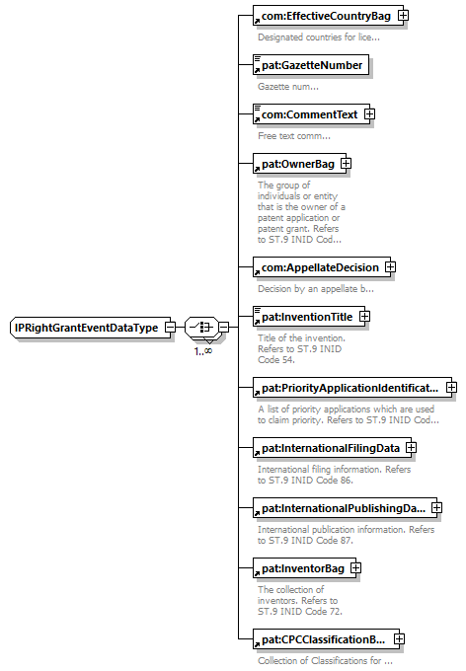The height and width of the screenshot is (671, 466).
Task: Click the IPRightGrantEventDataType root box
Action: [x=90, y=328]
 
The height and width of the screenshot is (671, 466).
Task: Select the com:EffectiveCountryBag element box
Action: [x=328, y=16]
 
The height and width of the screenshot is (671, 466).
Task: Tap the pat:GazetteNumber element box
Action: [x=311, y=65]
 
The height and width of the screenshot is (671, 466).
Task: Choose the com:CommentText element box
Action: [x=311, y=114]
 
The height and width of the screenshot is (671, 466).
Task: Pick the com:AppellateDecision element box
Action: [x=322, y=267]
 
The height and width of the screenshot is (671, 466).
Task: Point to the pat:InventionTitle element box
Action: [x=309, y=317]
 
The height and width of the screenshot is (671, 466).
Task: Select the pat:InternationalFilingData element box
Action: [x=332, y=448]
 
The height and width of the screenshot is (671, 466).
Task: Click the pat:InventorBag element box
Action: [x=304, y=568]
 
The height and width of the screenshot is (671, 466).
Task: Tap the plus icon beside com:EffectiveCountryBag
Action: [x=403, y=16]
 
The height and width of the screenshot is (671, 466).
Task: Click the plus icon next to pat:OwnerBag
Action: [x=347, y=164]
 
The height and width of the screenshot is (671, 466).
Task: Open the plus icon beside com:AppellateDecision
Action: [x=390, y=267]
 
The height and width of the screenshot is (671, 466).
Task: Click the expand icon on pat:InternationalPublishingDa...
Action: [x=436, y=507]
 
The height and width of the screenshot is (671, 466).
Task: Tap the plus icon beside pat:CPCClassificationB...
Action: [x=399, y=638]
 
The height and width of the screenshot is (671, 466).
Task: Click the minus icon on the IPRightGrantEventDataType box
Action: [x=171, y=328]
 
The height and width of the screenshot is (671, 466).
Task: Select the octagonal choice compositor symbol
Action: [x=202, y=328]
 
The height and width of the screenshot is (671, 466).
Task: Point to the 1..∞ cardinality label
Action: [x=203, y=351]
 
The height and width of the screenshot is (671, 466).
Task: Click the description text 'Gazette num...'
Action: [x=288, y=87]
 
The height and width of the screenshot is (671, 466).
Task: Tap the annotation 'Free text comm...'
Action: [x=294, y=136]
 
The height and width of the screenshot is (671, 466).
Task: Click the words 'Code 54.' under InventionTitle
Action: [x=276, y=360]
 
